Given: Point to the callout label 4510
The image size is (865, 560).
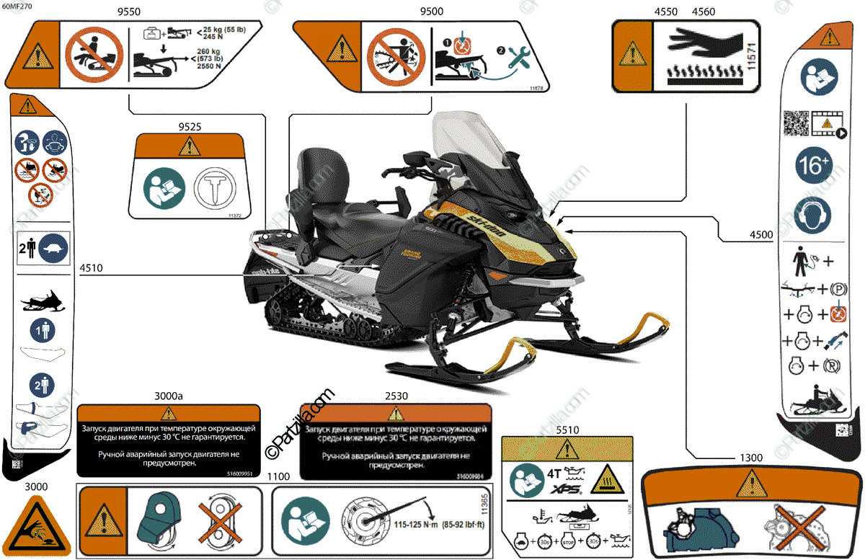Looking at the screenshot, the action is pyautogui.click(x=91, y=268).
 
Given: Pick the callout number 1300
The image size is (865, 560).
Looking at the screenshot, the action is pyautogui.click(x=751, y=458).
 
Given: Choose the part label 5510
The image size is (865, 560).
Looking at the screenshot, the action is pyautogui.click(x=567, y=430).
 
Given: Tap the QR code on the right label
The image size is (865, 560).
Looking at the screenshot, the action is pyautogui.click(x=796, y=123).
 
